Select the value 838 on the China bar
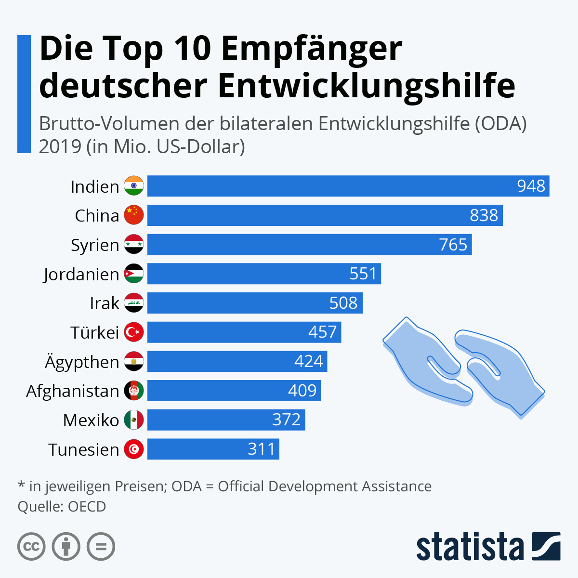point(484,215)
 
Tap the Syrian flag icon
point(134,245)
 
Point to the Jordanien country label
point(81,274)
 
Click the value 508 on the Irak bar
point(343,303)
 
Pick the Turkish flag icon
point(134,332)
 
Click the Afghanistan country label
point(72,391)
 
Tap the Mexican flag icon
point(134,420)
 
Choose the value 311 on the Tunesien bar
point(261,449)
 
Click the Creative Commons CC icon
point(31,547)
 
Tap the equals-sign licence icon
point(101,547)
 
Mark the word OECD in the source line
point(87,507)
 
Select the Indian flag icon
point(134,186)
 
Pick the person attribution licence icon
point(66,547)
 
